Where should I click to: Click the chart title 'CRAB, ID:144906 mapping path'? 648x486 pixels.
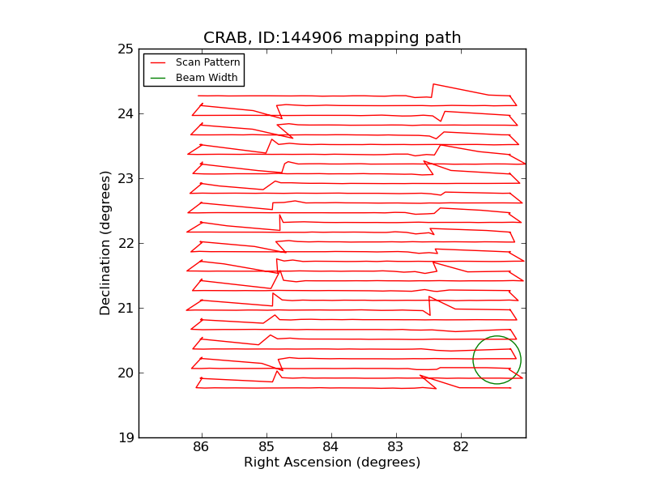[332, 38]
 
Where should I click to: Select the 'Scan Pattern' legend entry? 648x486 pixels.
[207, 62]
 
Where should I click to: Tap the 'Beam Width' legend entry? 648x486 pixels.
[207, 78]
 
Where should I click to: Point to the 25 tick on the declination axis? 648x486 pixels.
[125, 49]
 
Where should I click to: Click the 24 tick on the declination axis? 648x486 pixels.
[125, 114]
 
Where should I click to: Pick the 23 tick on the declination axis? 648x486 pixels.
[125, 179]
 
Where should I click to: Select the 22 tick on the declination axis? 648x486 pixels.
[125, 244]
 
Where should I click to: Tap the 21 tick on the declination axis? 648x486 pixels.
[125, 309]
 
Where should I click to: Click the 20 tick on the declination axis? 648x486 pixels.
[125, 373]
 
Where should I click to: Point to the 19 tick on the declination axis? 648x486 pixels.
[125, 438]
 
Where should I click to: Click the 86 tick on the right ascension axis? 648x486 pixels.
[202, 447]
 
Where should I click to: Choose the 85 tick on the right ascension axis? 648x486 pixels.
[266, 447]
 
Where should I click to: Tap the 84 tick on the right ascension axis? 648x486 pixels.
[331, 447]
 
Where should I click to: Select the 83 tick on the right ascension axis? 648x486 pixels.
[396, 447]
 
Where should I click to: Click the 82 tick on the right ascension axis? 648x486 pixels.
[461, 447]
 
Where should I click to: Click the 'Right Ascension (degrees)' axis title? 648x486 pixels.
[332, 463]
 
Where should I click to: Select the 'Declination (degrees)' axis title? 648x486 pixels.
[106, 243]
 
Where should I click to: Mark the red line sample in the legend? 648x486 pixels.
[158, 62]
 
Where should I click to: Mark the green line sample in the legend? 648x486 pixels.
[158, 78]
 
